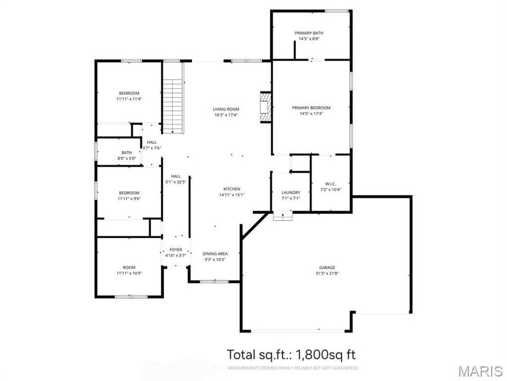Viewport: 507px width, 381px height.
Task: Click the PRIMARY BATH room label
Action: coord(309,33)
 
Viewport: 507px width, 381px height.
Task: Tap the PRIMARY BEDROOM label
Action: coord(311,107)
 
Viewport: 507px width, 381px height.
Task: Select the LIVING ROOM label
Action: coord(226,109)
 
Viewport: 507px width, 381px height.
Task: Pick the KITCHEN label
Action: coord(232,189)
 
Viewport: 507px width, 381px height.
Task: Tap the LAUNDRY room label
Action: coord(291,192)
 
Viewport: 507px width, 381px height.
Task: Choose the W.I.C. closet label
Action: coord(331,183)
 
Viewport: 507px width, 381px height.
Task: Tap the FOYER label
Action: coord(175,249)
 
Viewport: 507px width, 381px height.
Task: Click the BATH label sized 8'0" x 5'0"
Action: coord(127,152)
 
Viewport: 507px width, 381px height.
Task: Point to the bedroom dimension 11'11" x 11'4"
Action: coord(129,99)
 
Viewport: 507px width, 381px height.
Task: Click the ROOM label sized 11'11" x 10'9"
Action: coord(129,267)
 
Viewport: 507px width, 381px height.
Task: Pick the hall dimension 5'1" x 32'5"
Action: coord(176,182)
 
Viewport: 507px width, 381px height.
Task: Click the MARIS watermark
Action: coord(480,371)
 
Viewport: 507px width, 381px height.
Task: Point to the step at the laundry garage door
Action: coord(283,216)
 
